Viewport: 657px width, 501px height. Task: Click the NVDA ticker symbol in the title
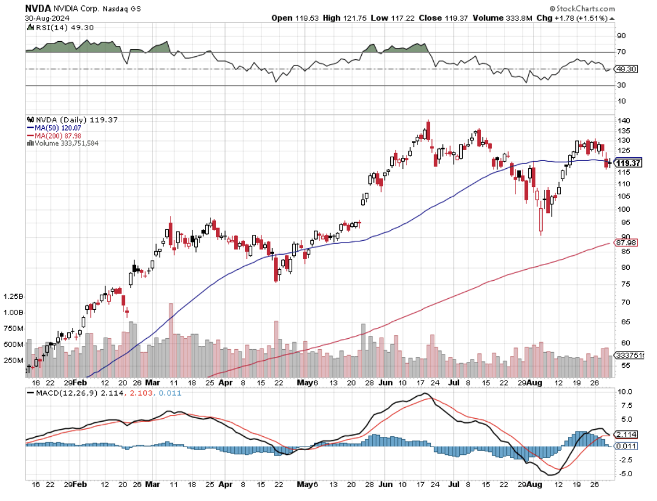pyautogui.click(x=38, y=8)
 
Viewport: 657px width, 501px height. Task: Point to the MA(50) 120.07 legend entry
pyautogui.click(x=55, y=128)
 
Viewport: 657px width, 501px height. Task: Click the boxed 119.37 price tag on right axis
pyautogui.click(x=628, y=163)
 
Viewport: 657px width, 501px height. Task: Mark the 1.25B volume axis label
pyautogui.click(x=13, y=297)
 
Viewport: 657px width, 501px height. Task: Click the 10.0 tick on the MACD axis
pyautogui.click(x=624, y=391)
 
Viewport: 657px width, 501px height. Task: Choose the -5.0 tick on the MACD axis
pyautogui.click(x=624, y=474)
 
